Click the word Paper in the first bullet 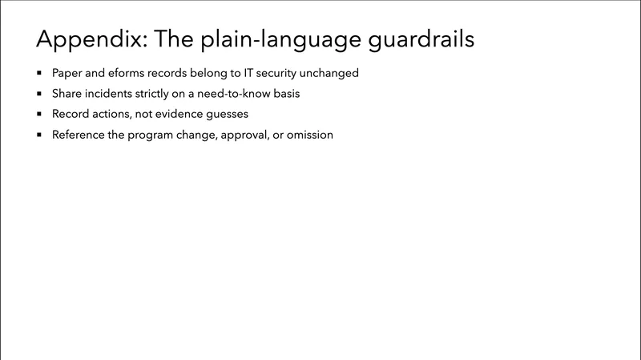pyautogui.click(x=67, y=73)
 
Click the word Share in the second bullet pyautogui.click(x=67, y=94)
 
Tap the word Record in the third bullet pyautogui.click(x=70, y=115)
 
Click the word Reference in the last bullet pyautogui.click(x=79, y=136)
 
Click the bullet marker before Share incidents pyautogui.click(x=38, y=94)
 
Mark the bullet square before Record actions pyautogui.click(x=38, y=115)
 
